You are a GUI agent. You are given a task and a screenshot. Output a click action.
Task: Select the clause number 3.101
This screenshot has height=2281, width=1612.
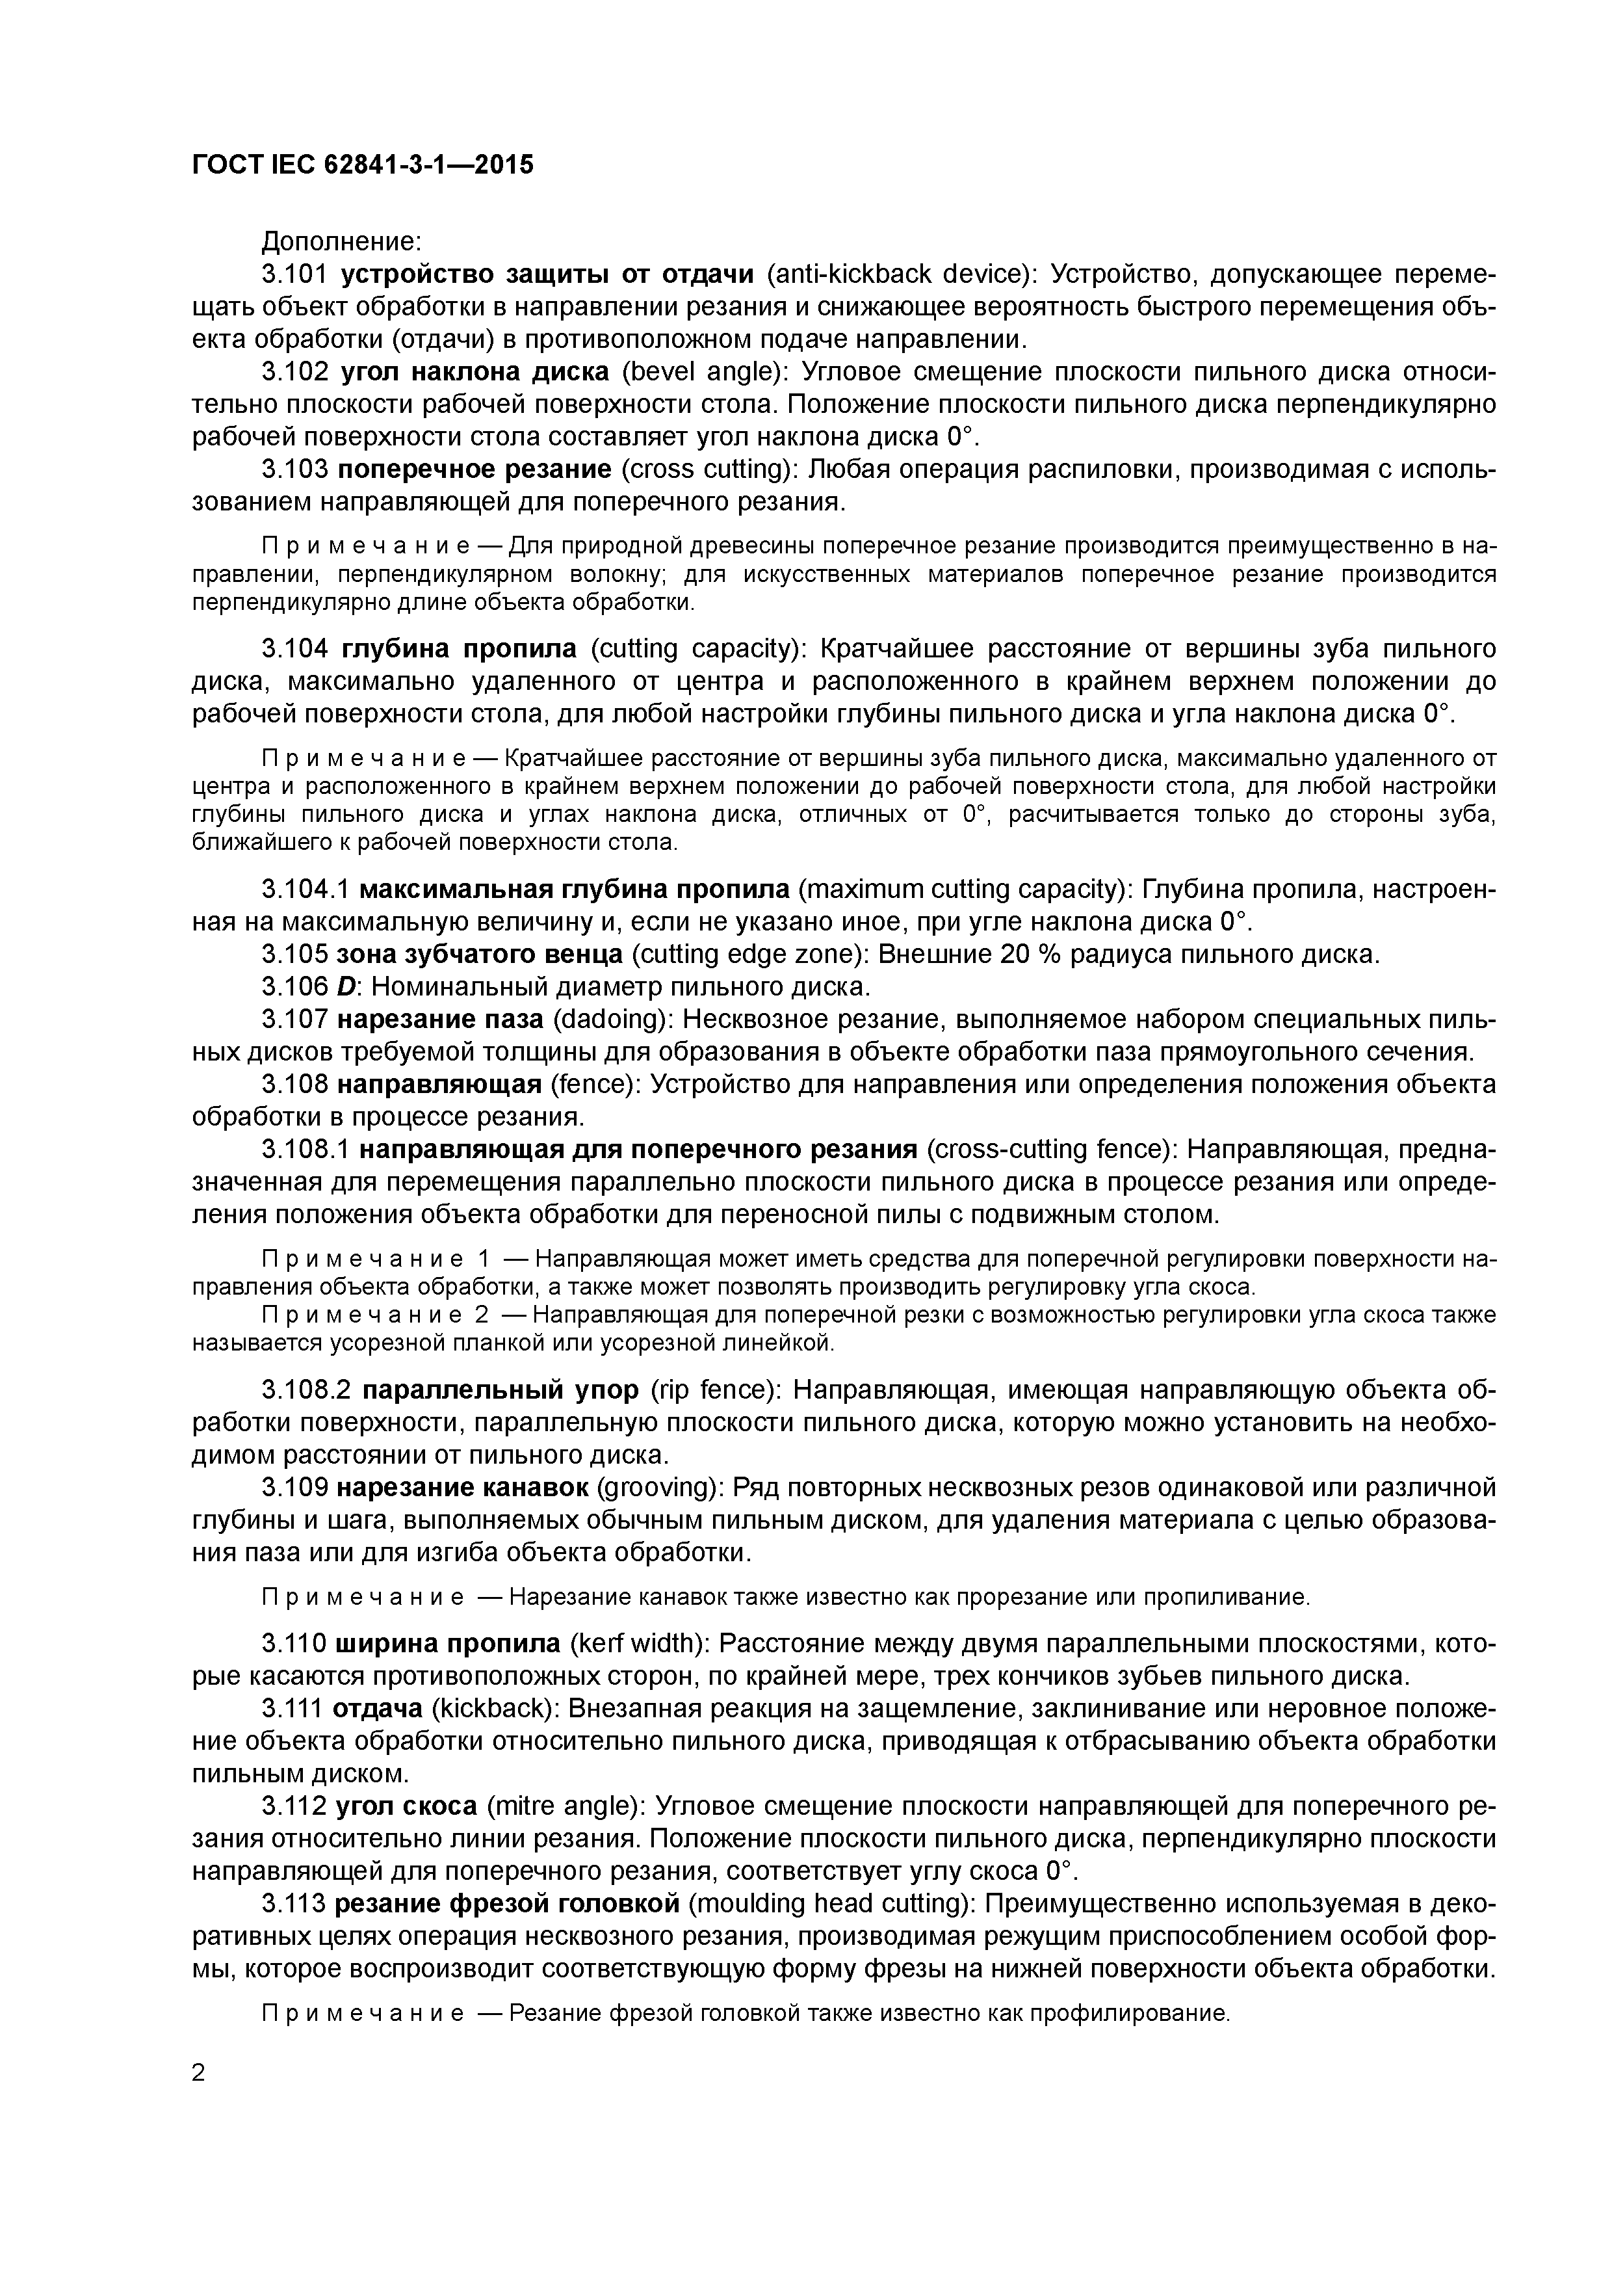click(x=294, y=274)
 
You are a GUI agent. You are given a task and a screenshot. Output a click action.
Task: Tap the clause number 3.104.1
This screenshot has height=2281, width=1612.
click(x=306, y=889)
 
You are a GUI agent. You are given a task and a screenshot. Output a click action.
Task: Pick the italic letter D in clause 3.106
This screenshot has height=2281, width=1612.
click(x=344, y=988)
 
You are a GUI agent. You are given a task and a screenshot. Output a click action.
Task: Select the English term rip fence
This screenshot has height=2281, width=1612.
click(x=703, y=1390)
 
